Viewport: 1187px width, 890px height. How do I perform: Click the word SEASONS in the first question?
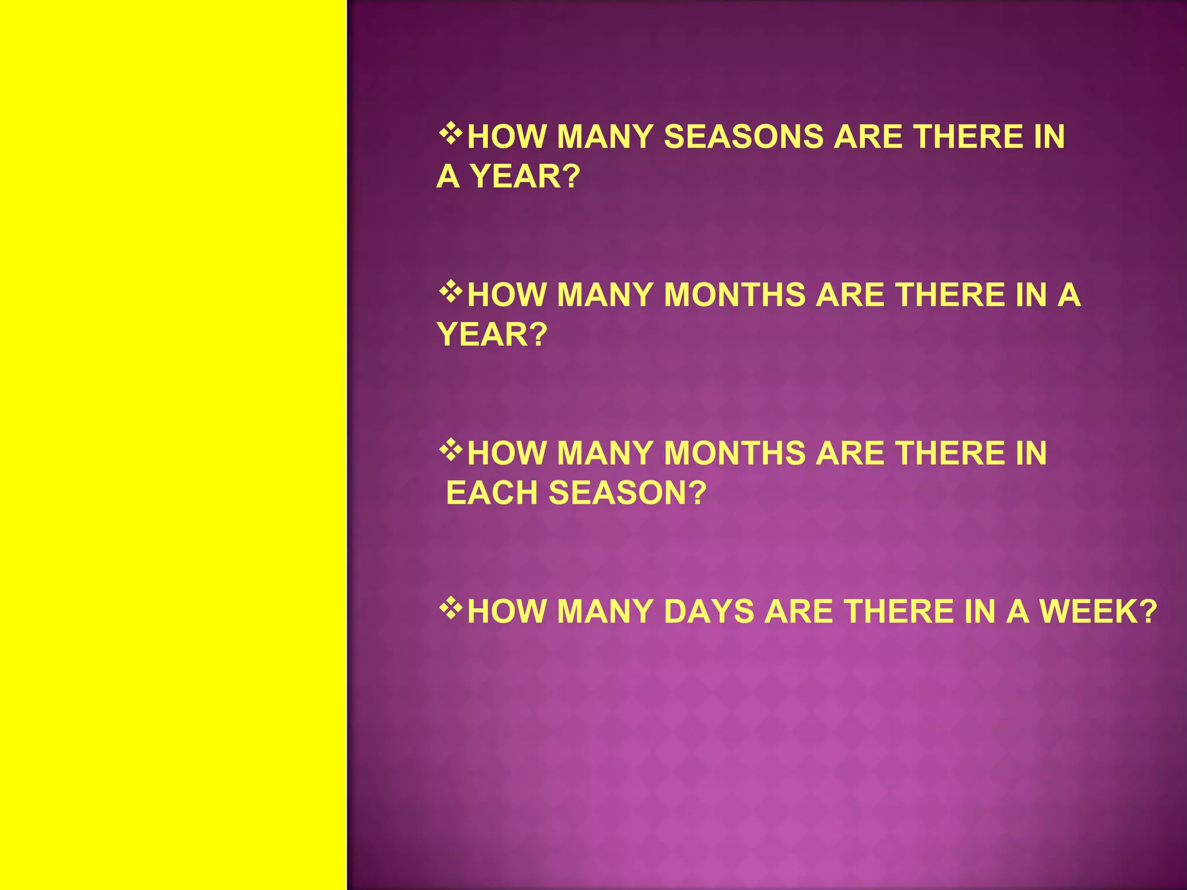tap(743, 137)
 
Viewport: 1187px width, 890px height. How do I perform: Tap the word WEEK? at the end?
tap(1098, 612)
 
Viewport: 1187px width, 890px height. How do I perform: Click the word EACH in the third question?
tap(491, 493)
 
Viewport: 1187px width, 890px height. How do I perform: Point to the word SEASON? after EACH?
tap(627, 493)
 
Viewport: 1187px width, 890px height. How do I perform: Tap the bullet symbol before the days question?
tap(450, 609)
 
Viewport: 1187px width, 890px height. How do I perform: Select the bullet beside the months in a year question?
tap(450, 293)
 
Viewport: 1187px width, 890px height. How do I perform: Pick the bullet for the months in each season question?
tap(450, 450)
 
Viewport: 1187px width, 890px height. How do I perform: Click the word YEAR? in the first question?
tap(525, 177)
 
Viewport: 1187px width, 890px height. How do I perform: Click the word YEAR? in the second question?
tap(491, 335)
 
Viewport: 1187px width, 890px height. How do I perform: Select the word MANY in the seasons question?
tap(605, 137)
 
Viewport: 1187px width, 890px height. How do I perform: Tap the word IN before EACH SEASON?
tap(1031, 453)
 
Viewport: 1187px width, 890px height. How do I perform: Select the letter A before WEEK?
tap(1017, 612)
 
